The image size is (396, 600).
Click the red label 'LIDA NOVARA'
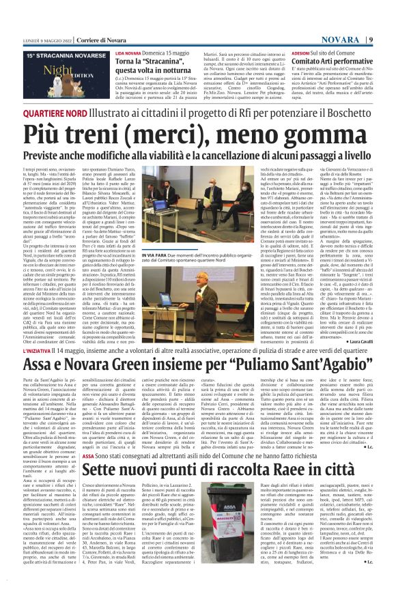(128, 33)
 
